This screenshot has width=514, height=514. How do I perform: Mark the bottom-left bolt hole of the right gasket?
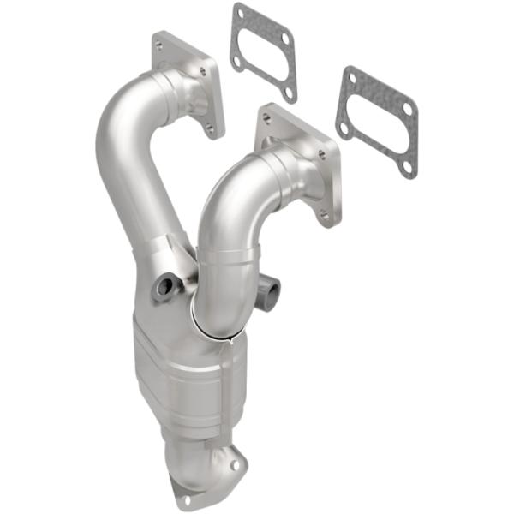click(344, 129)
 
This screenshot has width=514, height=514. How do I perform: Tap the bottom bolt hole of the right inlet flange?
click(324, 216)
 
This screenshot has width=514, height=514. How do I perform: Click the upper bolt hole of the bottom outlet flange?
click(231, 464)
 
